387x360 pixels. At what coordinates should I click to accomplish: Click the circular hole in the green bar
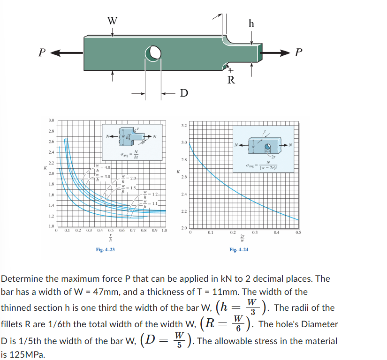[153, 53]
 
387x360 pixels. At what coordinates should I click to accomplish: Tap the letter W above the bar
[112, 21]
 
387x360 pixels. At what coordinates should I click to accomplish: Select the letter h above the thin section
[251, 24]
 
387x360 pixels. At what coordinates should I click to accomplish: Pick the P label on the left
[42, 52]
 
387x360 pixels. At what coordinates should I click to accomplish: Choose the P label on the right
[299, 52]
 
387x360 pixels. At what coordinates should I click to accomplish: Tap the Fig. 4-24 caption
[239, 249]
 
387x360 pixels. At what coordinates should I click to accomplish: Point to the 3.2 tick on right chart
[183, 126]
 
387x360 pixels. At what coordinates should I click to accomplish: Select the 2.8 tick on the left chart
[51, 131]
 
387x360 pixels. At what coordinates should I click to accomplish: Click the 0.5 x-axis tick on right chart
[298, 232]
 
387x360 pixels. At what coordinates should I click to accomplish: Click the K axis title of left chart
[45, 167]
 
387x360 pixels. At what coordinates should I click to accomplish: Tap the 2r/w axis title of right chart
[242, 238]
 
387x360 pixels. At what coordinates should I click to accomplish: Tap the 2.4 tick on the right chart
[183, 194]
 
